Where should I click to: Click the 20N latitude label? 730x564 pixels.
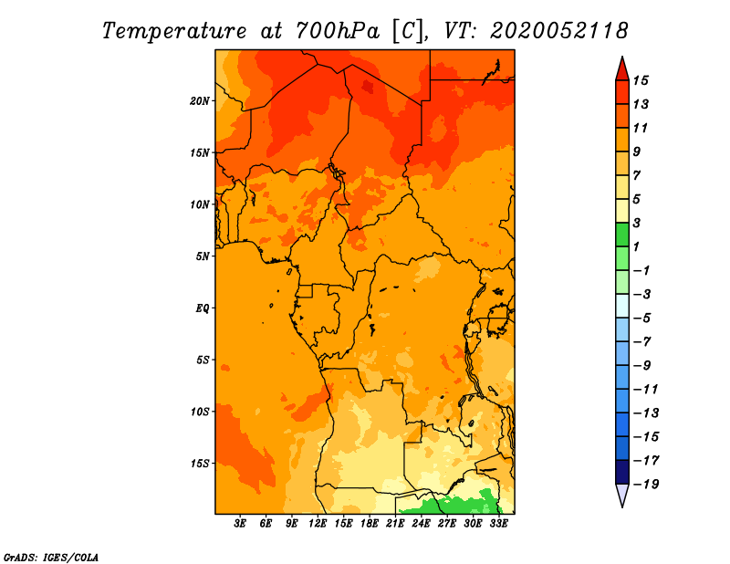199,101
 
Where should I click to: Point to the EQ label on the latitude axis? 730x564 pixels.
202,308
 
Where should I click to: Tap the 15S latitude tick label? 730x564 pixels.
199,464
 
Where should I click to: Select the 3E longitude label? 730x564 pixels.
240,524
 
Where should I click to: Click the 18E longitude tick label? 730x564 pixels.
370,524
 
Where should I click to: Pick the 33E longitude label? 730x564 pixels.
498,524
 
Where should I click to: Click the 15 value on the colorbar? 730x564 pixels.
641,80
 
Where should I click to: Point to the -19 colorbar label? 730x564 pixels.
646,485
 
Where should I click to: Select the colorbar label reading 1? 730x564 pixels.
636,246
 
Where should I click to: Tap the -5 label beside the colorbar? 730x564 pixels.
642,319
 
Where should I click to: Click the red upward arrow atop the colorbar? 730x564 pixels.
622,68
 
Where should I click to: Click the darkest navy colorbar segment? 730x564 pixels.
622,472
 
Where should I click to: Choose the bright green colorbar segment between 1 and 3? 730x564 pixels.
622,235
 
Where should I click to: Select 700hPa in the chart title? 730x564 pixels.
337,31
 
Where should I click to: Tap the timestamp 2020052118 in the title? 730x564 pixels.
559,31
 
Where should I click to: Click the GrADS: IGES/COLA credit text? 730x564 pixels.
51,558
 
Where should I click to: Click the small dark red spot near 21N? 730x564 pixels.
368,87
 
